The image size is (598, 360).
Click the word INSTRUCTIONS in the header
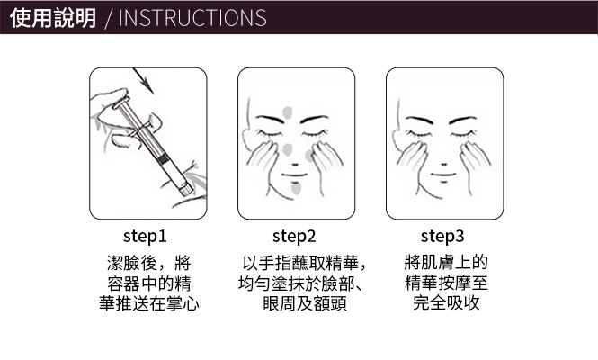pos(192,18)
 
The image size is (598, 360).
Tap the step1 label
pos(145,237)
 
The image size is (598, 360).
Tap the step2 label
pos(294,237)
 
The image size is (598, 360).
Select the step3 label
pos(442,237)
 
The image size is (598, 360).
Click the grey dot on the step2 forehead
pos(288,112)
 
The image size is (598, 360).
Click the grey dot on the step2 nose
pos(288,148)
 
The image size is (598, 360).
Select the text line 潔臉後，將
pos(148,264)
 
